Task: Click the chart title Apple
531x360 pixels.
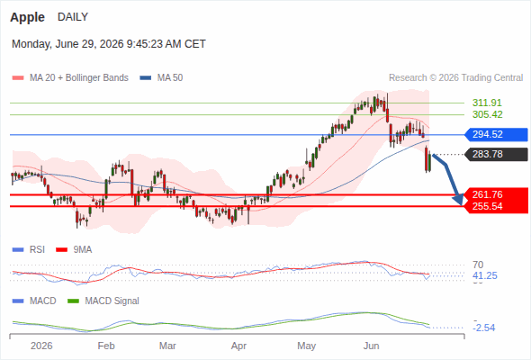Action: (27, 17)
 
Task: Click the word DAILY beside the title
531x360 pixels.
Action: (73, 16)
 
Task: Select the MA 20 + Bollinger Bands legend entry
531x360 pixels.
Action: (70, 77)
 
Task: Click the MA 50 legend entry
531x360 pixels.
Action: (161, 77)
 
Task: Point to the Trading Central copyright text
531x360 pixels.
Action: (455, 77)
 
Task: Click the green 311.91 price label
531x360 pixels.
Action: (487, 103)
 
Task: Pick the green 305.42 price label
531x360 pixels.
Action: (487, 114)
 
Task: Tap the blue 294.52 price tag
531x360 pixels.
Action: (496, 134)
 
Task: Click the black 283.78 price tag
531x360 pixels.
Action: (496, 154)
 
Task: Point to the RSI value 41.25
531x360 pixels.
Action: (485, 275)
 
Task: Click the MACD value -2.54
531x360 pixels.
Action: (485, 328)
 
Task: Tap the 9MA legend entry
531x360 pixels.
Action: (74, 249)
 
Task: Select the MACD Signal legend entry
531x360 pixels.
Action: (103, 301)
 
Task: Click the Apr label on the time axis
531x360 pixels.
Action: (238, 346)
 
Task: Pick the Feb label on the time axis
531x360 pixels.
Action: (106, 346)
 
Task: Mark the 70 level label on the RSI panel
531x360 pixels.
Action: (478, 265)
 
